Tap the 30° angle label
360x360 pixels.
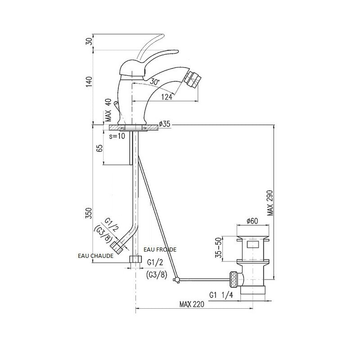pos(156,81)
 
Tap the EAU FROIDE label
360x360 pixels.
pos(160,249)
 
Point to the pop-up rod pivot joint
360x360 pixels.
pos(177,279)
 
